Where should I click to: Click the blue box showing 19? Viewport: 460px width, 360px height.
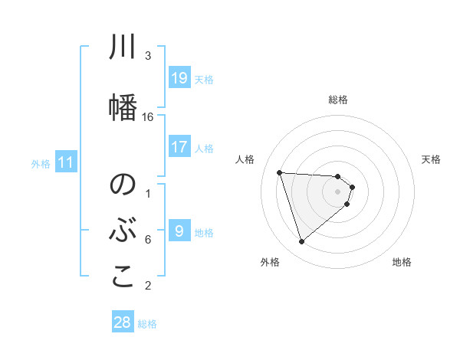(x=179, y=77)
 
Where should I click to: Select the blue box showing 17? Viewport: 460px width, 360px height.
(x=179, y=146)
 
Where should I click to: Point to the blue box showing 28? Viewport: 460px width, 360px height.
(x=123, y=322)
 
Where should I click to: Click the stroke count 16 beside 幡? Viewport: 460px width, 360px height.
(x=148, y=117)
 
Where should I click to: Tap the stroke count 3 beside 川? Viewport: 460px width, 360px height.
(x=148, y=56)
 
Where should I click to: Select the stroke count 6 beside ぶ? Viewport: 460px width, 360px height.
(x=148, y=240)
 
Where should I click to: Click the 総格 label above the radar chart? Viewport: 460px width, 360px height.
(x=338, y=100)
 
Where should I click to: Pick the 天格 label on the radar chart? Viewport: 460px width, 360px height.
(x=432, y=159)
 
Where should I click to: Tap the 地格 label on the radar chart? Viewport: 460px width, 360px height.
(x=402, y=262)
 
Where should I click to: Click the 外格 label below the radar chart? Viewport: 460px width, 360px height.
(x=270, y=262)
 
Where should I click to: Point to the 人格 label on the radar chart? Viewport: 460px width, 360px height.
(x=245, y=159)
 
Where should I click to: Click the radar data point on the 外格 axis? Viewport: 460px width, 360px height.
(x=301, y=242)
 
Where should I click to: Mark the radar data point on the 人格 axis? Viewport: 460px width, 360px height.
(x=280, y=172)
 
